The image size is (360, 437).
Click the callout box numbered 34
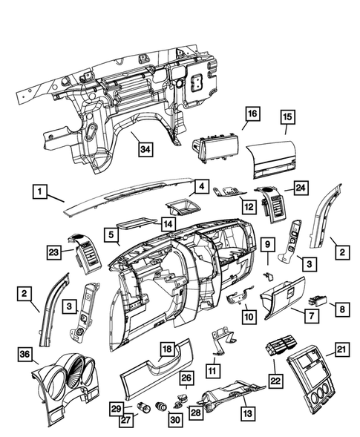[147, 149]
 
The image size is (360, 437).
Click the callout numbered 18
[168, 349]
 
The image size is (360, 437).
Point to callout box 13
[245, 409]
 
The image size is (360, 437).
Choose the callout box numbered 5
[112, 236]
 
